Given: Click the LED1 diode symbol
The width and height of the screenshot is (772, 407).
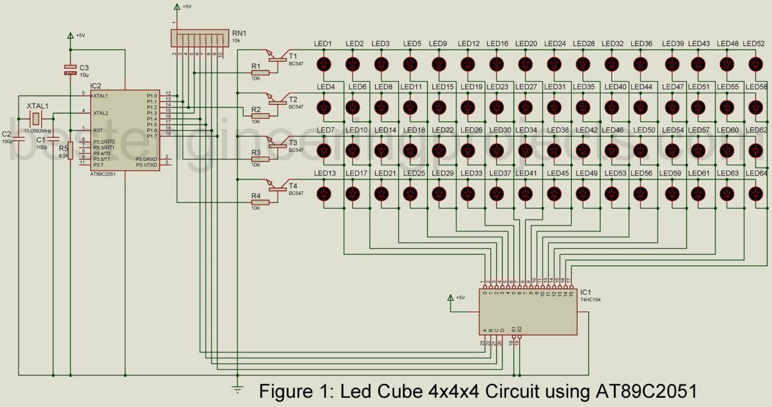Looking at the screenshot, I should point(324,64).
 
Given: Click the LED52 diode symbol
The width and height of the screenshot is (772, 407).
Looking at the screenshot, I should point(756,64).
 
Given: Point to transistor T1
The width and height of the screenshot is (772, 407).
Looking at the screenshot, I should point(278,58).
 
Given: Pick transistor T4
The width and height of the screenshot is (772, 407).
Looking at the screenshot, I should point(278,187).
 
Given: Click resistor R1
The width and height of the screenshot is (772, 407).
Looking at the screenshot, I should point(260,71).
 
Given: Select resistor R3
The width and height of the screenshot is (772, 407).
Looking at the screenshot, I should point(260,158).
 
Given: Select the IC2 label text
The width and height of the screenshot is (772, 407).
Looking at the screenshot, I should point(96,86).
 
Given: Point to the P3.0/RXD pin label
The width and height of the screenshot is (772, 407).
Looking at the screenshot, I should point(145,158).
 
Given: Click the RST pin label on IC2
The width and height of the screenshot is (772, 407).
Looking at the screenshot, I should point(98,130).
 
